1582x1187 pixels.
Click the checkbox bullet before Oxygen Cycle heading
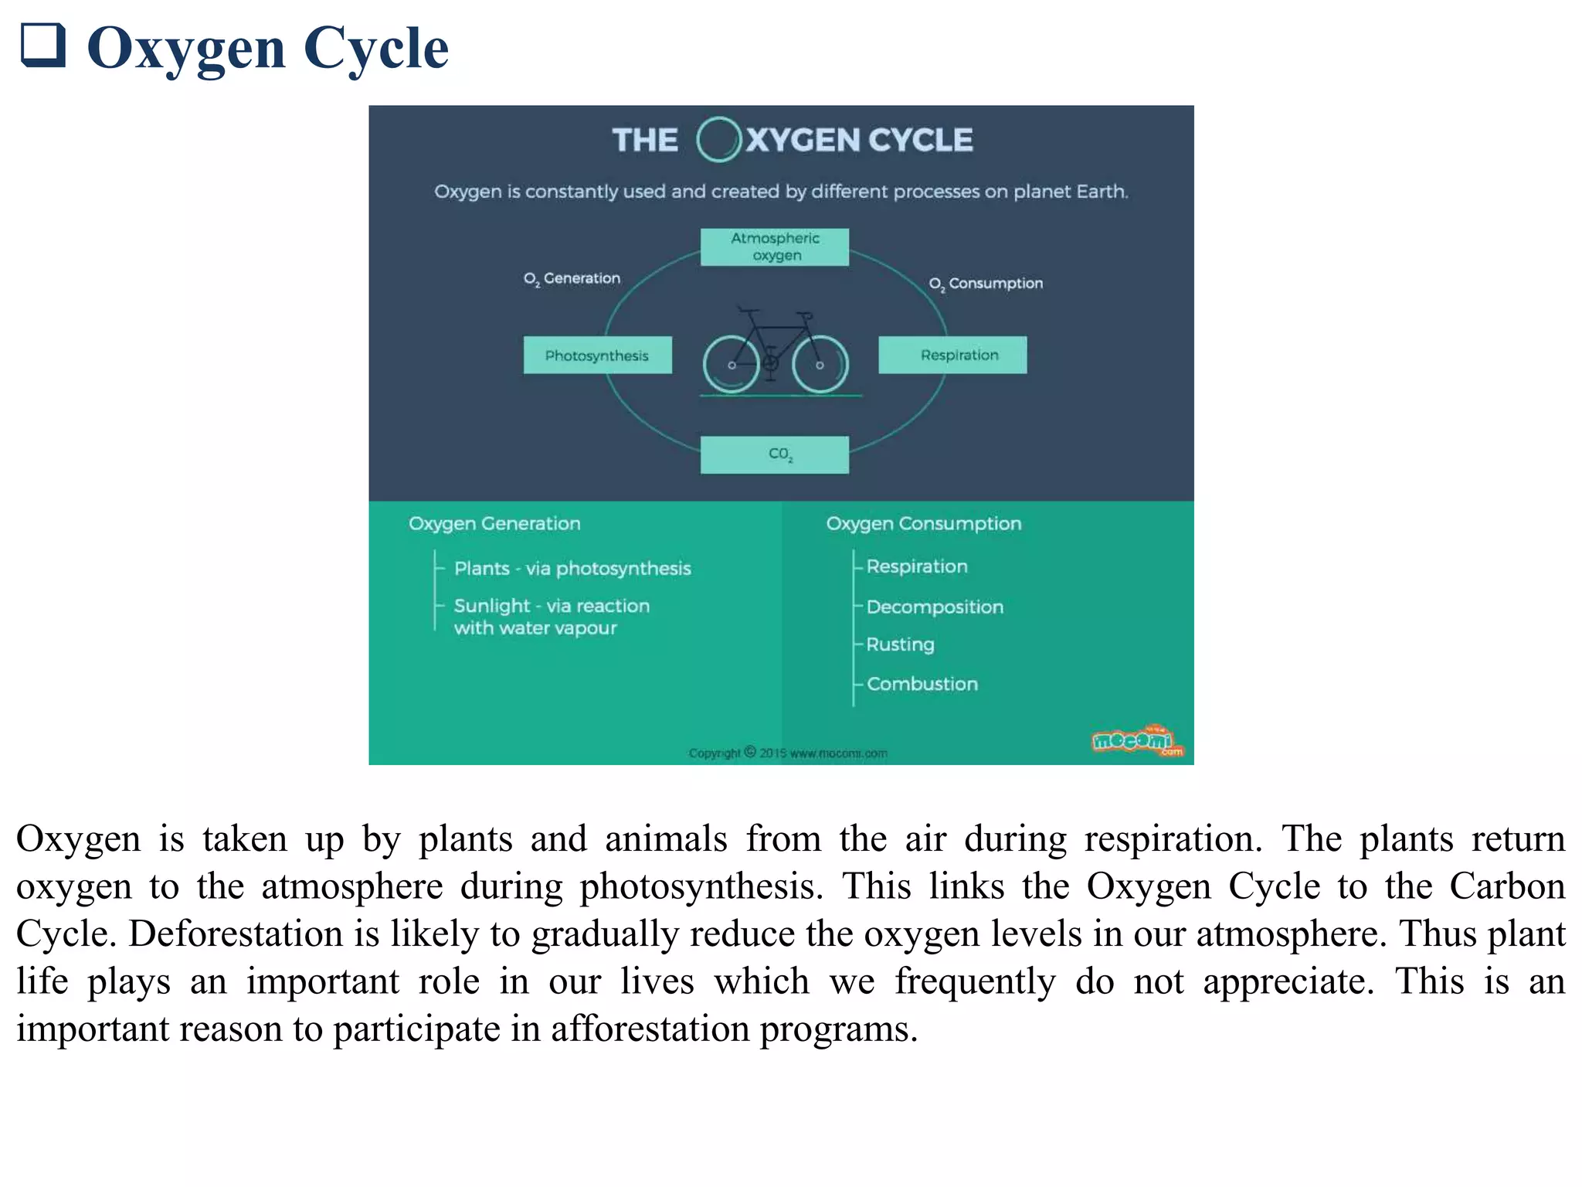(42, 45)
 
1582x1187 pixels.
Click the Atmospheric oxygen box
(774, 247)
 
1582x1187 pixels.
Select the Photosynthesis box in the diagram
(597, 355)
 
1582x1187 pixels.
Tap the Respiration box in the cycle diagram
(952, 355)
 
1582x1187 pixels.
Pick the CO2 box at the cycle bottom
(774, 454)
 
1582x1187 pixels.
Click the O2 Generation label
(572, 278)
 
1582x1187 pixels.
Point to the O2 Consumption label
(986, 284)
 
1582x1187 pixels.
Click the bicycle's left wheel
(731, 365)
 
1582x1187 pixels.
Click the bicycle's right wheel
(820, 365)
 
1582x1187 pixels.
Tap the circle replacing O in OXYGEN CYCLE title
(718, 140)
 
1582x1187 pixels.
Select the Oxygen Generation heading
(494, 523)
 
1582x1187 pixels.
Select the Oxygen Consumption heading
(923, 523)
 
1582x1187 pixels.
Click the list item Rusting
(900, 644)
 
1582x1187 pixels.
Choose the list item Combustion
(922, 684)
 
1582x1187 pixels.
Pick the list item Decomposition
(935, 607)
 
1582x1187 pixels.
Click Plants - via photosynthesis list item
(572, 568)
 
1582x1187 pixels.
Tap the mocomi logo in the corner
(1136, 741)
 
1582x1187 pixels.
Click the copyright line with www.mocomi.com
(787, 753)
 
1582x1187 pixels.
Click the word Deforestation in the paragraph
(235, 934)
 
